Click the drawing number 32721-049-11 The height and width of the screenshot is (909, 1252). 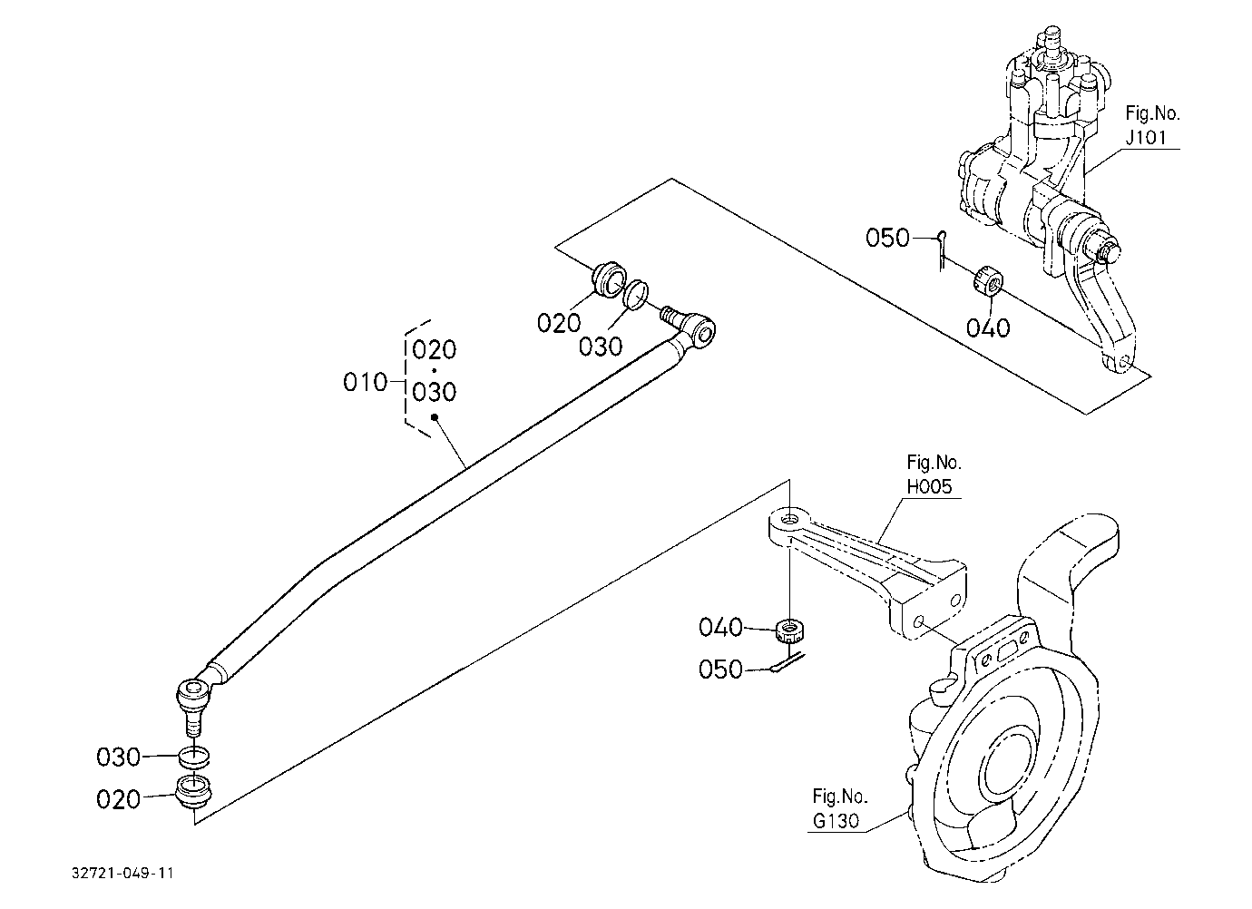pos(122,873)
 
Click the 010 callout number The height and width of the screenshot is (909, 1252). pos(365,383)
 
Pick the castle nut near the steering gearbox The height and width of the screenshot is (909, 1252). pos(988,280)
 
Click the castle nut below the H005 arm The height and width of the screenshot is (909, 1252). pos(790,630)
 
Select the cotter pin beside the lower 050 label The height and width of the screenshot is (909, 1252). pos(787,663)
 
